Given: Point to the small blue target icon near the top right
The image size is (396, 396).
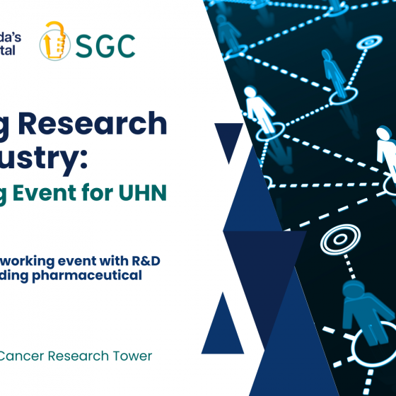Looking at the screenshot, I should pyautogui.click(x=368, y=44).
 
